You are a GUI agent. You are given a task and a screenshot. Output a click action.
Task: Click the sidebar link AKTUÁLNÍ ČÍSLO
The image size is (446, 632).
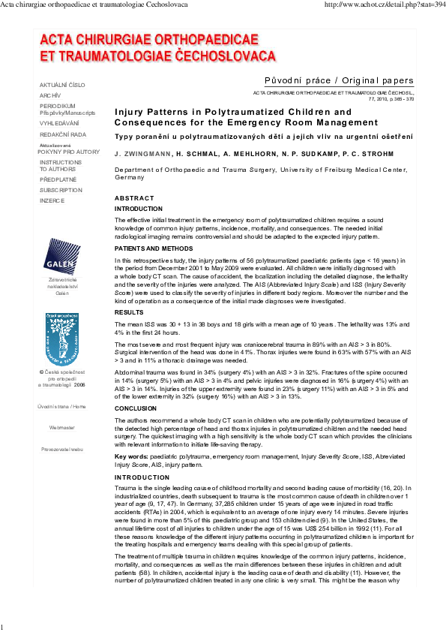tap(62, 85)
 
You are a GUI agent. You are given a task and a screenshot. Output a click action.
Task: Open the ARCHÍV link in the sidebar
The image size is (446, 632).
tap(50, 95)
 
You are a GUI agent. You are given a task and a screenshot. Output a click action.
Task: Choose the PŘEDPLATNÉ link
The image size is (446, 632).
tap(58, 179)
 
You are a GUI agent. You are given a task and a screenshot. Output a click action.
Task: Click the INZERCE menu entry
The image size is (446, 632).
tap(52, 200)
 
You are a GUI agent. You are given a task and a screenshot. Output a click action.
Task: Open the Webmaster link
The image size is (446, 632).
tap(62, 426)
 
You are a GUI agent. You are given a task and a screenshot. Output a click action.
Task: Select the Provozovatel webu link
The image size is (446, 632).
tap(62, 448)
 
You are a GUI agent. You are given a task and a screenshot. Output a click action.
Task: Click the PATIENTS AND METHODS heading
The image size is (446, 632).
tap(153, 248)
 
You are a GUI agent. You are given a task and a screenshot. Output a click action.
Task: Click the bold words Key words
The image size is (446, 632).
tap(130, 456)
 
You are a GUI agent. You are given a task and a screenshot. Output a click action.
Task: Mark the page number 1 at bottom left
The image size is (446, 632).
tap(3, 626)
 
